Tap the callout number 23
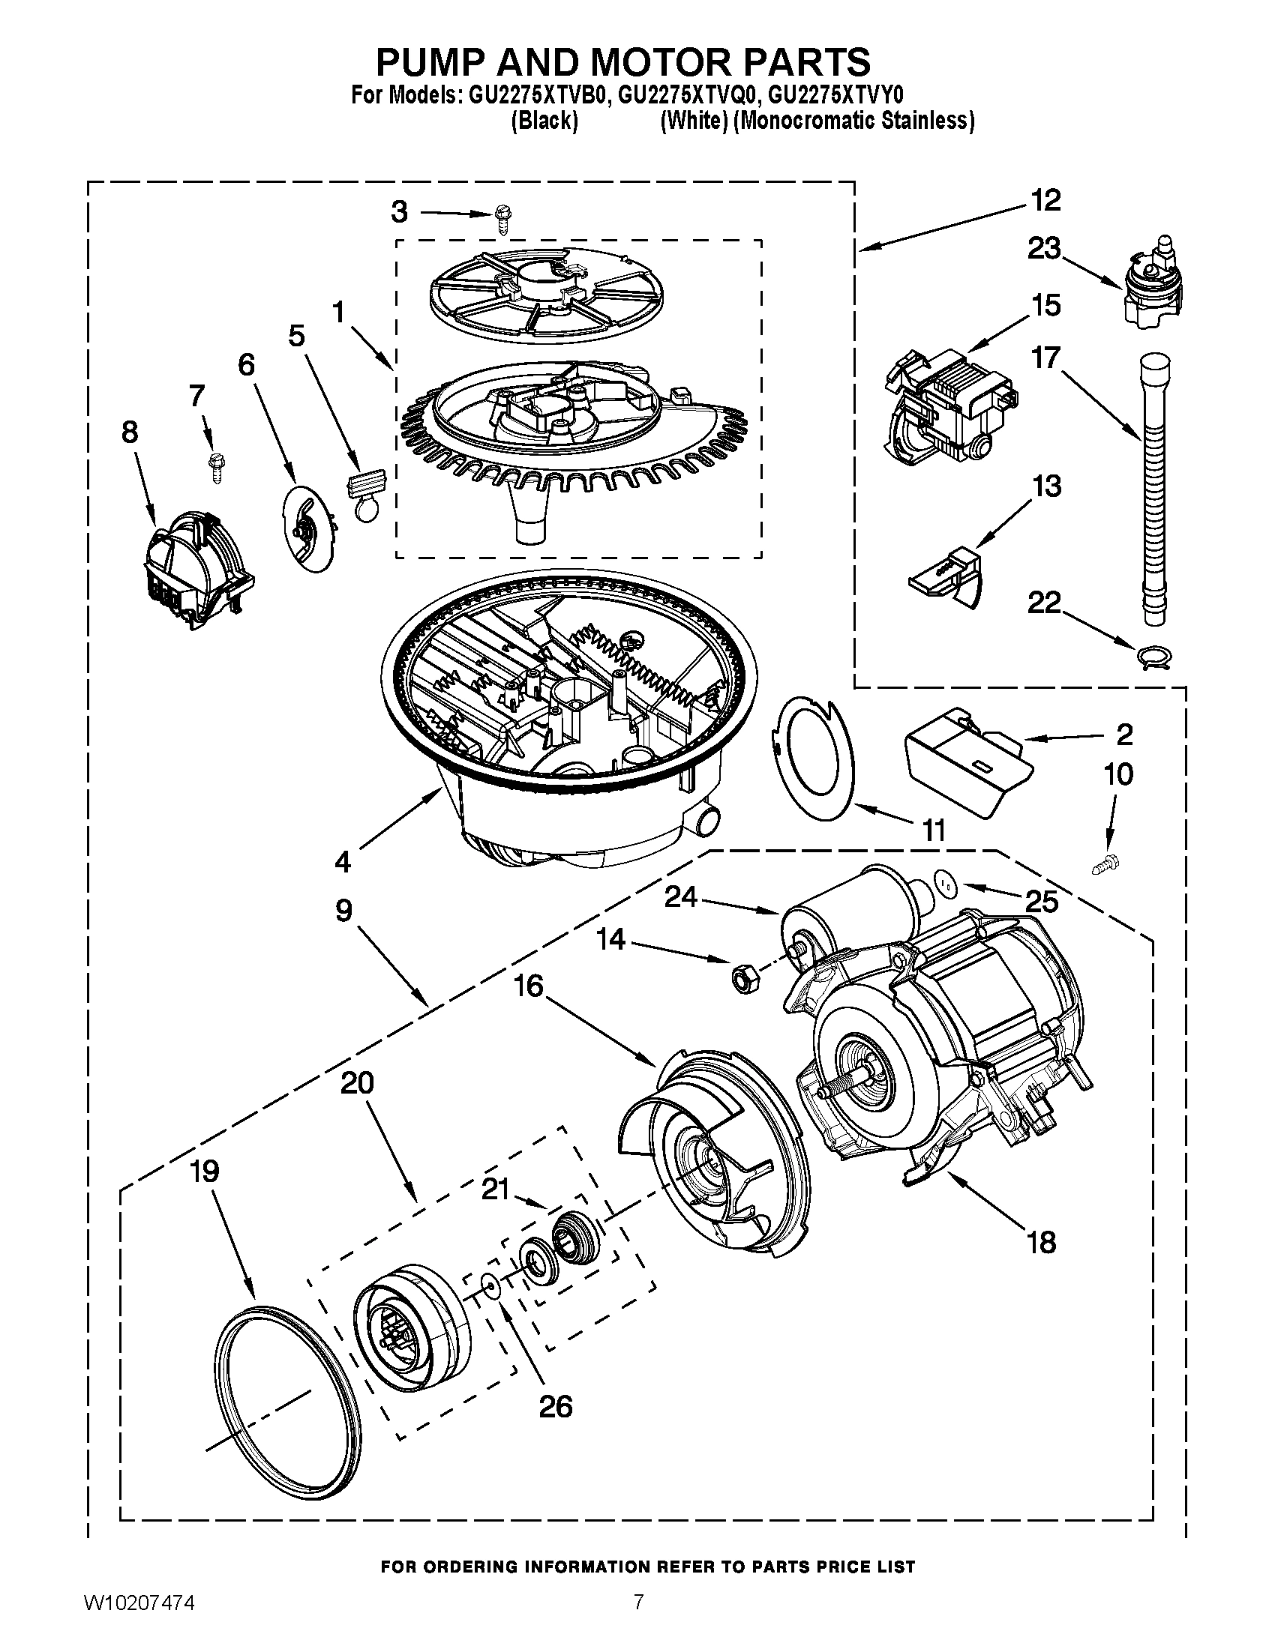tap(1044, 248)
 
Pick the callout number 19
tap(204, 1172)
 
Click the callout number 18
tap(1041, 1241)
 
